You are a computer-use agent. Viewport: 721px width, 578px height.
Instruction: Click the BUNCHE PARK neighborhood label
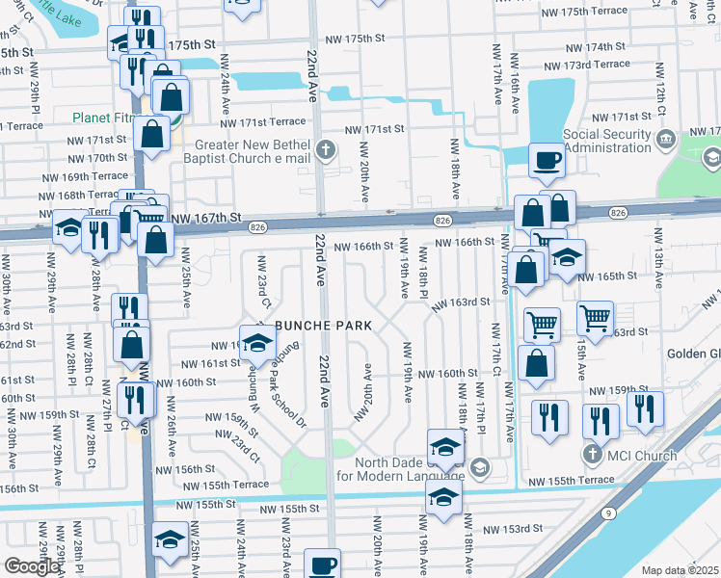(324, 327)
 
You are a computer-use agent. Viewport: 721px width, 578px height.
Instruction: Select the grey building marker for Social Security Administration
(666, 142)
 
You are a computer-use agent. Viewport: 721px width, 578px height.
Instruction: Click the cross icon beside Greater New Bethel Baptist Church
(327, 149)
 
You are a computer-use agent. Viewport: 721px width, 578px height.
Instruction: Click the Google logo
(32, 566)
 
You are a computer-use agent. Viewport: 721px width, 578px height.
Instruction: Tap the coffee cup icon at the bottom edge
(322, 565)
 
